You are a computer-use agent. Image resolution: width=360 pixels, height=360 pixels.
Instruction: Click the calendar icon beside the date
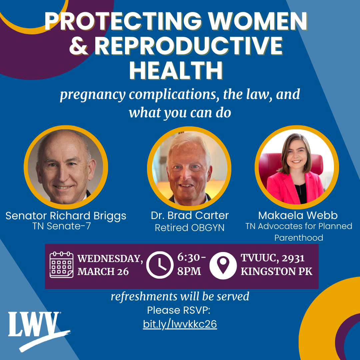(62, 265)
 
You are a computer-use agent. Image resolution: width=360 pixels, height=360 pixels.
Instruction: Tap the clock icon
(160, 265)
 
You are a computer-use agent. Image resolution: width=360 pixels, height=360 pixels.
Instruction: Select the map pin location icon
(223, 266)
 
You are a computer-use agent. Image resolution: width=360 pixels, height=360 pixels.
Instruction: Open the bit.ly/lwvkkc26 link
(180, 324)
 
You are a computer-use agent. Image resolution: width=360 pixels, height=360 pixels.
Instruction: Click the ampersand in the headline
(79, 46)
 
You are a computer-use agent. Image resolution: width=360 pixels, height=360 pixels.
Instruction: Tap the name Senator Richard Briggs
(66, 216)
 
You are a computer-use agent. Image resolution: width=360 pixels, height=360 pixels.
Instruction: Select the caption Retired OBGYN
(190, 228)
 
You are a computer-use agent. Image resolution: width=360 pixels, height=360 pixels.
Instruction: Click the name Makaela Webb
(298, 215)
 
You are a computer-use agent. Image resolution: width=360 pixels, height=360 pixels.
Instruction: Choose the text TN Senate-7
(62, 226)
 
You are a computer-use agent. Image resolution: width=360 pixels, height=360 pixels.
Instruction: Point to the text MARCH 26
(103, 272)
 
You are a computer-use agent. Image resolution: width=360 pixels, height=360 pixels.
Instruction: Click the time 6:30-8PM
(191, 264)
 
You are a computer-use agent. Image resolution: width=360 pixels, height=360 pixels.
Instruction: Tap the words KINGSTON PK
(276, 272)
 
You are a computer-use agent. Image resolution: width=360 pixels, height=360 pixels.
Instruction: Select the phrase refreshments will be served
(180, 296)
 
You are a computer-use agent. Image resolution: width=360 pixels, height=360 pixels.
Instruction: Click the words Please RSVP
(179, 310)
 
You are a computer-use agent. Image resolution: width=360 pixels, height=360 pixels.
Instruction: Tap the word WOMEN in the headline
(258, 21)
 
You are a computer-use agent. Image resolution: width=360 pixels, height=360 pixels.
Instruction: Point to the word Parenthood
(299, 238)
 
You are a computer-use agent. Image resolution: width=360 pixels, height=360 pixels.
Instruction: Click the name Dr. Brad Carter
(190, 215)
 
